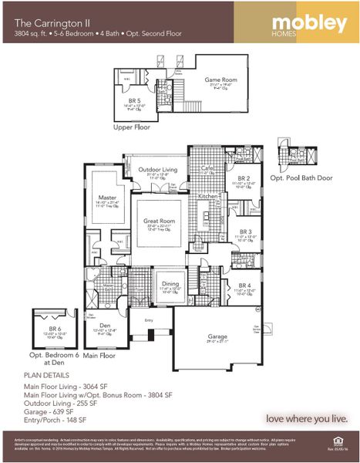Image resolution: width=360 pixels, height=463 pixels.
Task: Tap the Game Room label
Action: coord(217,79)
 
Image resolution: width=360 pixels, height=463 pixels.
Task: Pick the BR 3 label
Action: coord(245,231)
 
